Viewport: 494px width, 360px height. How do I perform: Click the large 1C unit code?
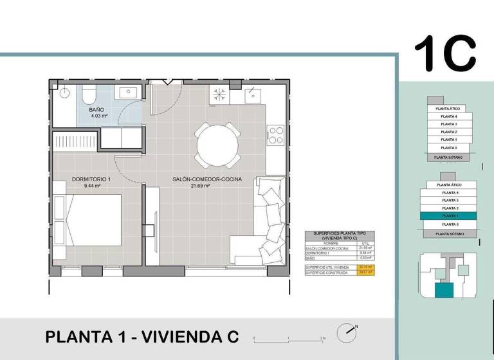click(445, 53)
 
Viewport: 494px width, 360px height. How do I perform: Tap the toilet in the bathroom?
click(90, 96)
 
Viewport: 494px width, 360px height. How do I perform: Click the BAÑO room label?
click(98, 110)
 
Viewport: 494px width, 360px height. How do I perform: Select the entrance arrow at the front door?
click(169, 82)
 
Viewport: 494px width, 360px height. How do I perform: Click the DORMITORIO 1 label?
click(93, 179)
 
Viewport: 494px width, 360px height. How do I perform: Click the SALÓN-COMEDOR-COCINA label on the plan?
click(207, 179)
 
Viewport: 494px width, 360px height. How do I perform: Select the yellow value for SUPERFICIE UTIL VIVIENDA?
click(369, 267)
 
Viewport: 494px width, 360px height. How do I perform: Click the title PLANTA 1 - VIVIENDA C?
click(142, 336)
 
